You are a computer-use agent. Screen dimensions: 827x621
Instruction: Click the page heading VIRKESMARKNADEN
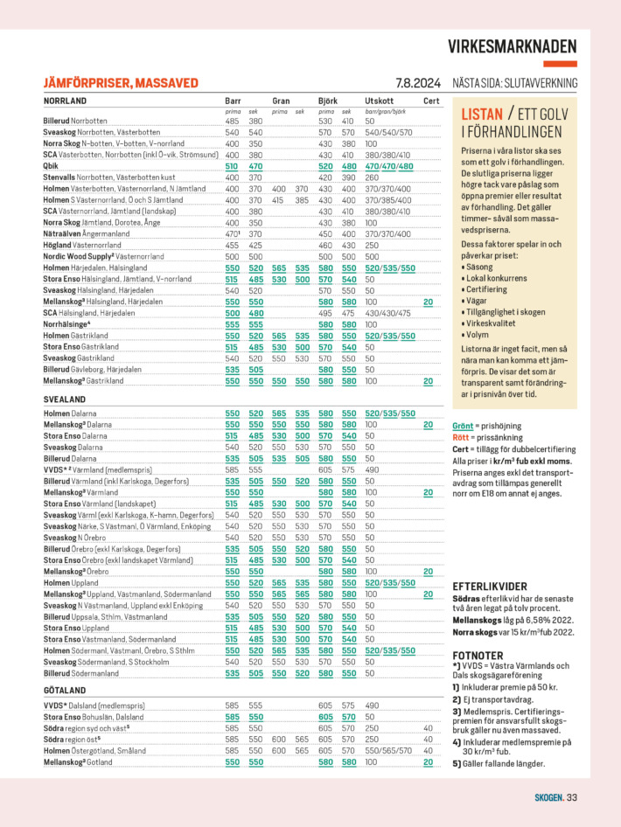point(513,47)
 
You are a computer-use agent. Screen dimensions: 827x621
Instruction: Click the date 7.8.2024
point(418,84)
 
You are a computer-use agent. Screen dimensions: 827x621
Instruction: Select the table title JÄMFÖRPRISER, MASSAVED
point(121,84)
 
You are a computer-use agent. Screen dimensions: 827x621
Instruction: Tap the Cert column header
point(431,101)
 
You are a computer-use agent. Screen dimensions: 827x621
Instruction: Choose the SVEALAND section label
point(64,398)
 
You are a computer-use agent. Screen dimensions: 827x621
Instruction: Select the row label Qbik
point(51,166)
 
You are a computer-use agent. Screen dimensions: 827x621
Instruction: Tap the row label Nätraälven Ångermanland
point(87,233)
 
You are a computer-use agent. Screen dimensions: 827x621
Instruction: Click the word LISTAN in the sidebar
point(482,115)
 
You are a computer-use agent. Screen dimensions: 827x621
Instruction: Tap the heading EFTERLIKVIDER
point(490,585)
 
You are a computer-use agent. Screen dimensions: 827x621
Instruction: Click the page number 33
point(571,796)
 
